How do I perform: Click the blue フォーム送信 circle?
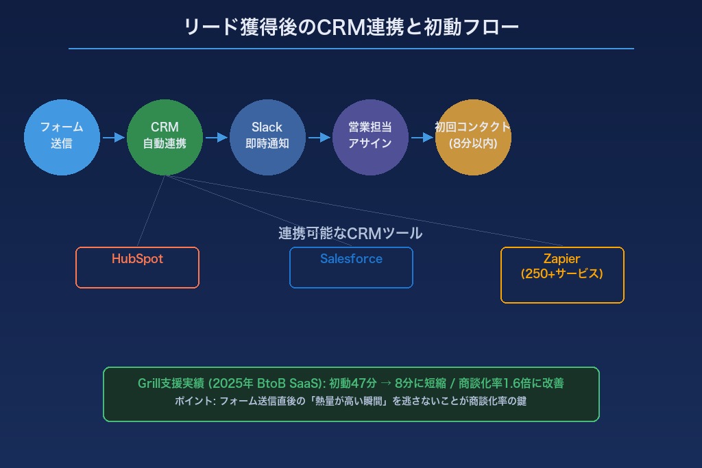62,137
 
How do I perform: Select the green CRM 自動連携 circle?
165,137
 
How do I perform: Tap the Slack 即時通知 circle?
267,137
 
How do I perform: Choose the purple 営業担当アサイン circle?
370,137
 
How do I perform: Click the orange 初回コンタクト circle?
473,137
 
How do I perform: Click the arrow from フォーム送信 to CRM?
113,138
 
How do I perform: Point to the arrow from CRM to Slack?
216,138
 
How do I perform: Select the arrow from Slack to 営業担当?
319,138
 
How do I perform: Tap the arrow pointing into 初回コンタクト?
422,138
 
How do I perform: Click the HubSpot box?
137,267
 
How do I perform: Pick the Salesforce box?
351,267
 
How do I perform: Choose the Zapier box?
562,274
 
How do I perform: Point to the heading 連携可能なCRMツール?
350,234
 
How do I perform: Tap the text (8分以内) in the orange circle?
473,144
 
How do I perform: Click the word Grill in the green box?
149,384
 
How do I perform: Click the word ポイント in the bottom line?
193,402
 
